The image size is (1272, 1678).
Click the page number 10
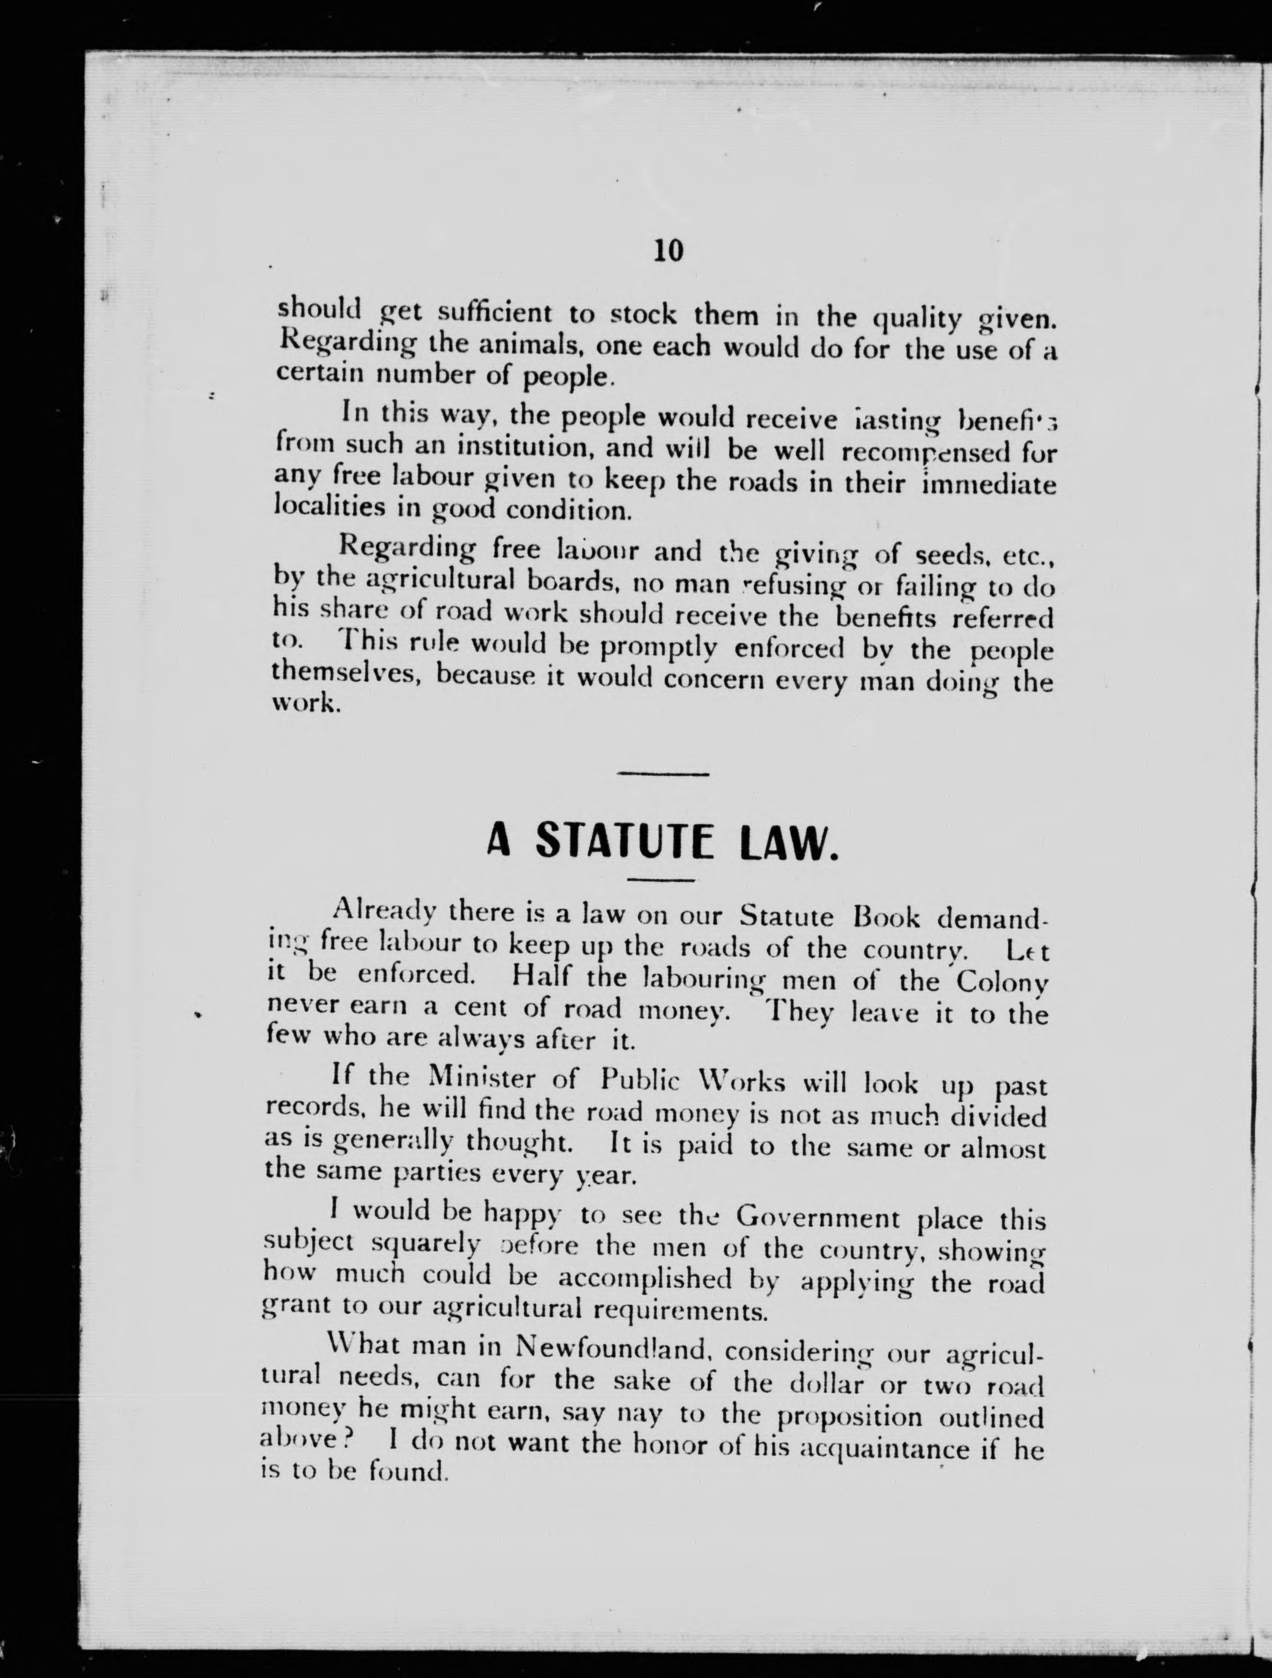point(668,250)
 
